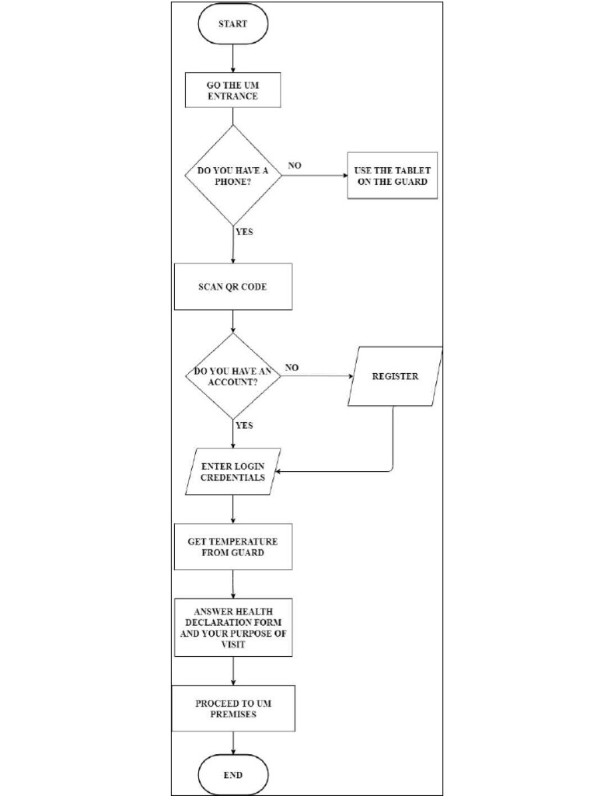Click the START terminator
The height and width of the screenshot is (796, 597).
[x=232, y=24]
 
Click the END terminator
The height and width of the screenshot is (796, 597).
[x=232, y=775]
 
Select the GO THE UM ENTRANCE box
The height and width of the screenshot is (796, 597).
[x=232, y=90]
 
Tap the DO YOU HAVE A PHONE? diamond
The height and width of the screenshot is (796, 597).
[x=232, y=175]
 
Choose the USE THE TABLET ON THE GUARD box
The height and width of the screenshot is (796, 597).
[x=392, y=176]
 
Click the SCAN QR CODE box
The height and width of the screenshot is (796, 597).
[x=232, y=286]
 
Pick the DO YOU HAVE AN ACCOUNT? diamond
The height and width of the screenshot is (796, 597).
[x=232, y=376]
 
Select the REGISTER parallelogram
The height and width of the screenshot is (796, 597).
[x=395, y=376]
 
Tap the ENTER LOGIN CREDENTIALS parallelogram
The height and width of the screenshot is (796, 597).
[x=232, y=471]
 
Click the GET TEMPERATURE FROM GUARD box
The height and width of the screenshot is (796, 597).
[x=232, y=546]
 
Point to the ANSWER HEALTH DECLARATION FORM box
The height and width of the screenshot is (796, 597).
[x=232, y=627]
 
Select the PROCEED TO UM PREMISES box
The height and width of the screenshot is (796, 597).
[x=232, y=708]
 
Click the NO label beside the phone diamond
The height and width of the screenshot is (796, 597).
[x=295, y=166]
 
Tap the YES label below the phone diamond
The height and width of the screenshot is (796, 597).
[x=244, y=231]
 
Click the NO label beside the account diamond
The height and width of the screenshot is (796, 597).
[x=292, y=367]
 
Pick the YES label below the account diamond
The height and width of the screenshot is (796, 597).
[x=244, y=425]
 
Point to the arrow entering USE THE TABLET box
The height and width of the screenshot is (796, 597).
[x=314, y=175]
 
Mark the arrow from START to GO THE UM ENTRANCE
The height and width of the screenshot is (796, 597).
[x=232, y=58]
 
